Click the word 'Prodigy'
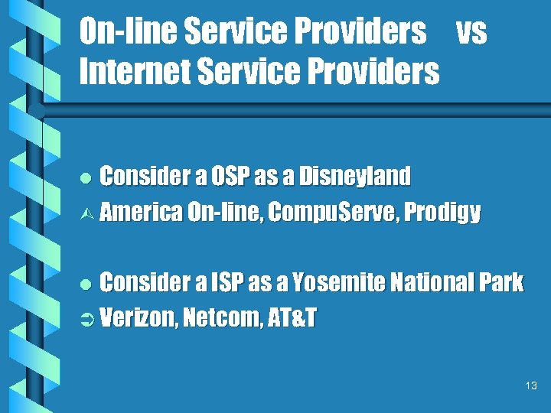443,212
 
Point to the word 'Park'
500,283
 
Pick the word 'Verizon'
138,317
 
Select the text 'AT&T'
291,317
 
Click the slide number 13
532,386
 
